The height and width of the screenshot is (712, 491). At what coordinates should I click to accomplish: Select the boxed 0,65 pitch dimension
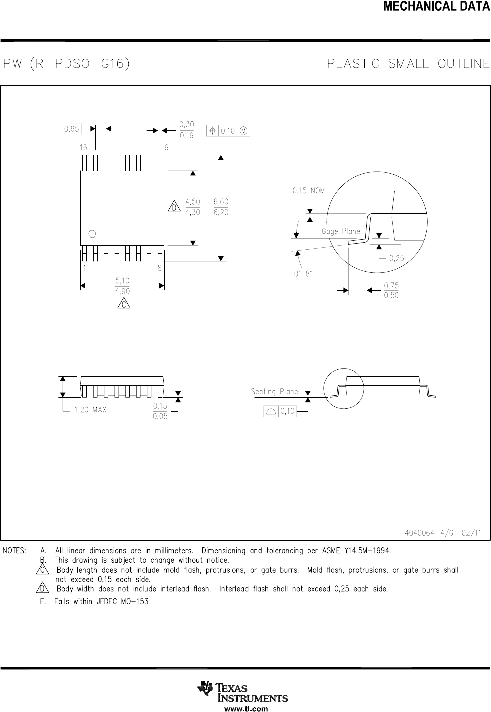pos(71,129)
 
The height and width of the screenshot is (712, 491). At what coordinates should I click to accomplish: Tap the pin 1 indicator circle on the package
pos(92,233)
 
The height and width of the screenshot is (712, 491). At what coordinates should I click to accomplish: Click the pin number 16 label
pos(83,147)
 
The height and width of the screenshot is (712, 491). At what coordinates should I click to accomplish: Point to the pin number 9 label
pos(166,147)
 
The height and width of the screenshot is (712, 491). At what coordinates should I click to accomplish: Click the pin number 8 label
pos(160,268)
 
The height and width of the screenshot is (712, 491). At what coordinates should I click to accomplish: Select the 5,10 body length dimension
pos(123,281)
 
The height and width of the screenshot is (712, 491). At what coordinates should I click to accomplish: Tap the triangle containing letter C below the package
pos(123,303)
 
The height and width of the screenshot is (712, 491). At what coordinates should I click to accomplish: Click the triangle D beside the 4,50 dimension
pos(174,207)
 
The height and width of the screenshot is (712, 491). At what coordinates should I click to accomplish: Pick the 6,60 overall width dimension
pos(221,201)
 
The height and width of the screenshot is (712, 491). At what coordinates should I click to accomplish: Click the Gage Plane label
pos(341,231)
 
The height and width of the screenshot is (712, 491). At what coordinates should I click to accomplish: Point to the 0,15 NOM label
pos(308,191)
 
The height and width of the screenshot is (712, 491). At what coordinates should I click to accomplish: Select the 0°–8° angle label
pos(303,274)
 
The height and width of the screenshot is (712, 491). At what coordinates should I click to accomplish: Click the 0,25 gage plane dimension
pos(396,258)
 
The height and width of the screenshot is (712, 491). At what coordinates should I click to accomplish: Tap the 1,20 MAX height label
pos(90,410)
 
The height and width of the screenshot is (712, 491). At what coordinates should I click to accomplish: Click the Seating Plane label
pos(274,392)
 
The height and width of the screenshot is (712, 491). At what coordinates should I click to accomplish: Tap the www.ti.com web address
pos(245,708)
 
